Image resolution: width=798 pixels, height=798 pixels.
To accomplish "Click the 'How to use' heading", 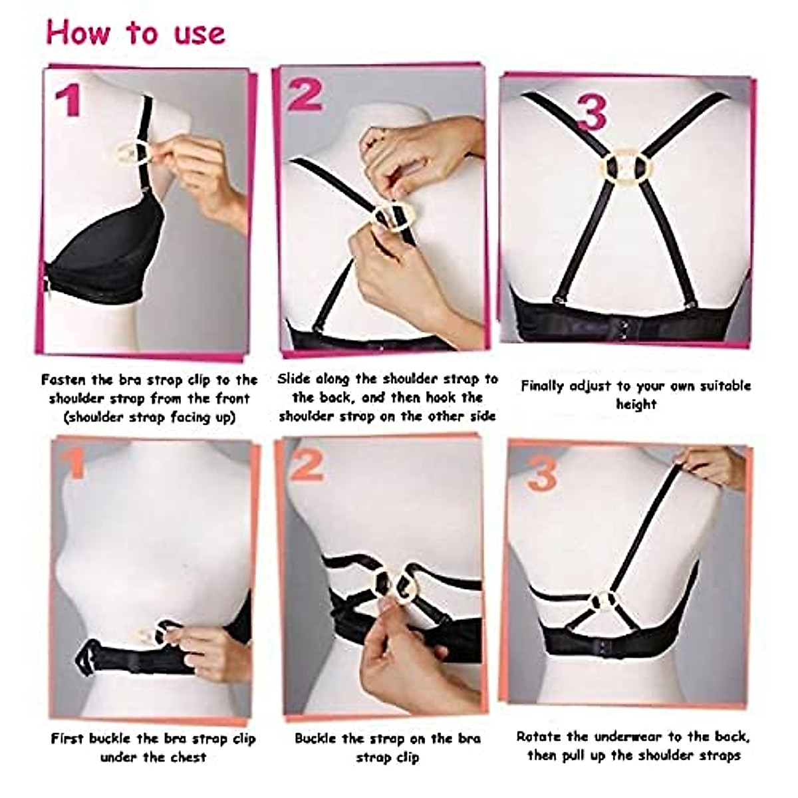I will (136, 33).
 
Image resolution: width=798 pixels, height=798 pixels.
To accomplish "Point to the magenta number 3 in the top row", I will (591, 113).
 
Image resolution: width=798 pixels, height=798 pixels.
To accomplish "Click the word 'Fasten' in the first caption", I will (65, 380).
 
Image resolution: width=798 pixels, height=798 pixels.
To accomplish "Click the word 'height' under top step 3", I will (636, 404).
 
